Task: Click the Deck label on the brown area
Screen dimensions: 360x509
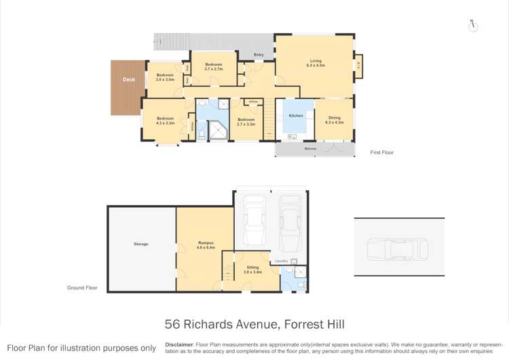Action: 129,79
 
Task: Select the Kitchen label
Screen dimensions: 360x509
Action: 296,116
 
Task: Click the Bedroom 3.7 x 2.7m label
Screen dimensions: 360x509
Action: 214,67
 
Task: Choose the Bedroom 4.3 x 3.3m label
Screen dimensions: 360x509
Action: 165,121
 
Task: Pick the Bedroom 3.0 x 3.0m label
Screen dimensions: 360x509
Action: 165,77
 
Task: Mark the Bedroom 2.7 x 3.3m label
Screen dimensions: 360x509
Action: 245,122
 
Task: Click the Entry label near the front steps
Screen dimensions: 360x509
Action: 259,54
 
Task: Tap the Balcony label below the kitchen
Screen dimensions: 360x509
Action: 310,148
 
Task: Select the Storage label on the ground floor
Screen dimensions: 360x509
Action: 140,244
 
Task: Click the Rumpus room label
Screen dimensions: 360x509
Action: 206,245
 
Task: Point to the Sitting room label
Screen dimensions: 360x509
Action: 252,270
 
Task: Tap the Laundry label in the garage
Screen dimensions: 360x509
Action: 281,261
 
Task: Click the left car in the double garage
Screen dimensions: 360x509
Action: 254,220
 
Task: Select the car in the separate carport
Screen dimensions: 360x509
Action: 398,249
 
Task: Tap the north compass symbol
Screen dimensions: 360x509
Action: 473,26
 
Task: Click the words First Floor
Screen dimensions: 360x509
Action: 381,153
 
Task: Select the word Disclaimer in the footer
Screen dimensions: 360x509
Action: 179,344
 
